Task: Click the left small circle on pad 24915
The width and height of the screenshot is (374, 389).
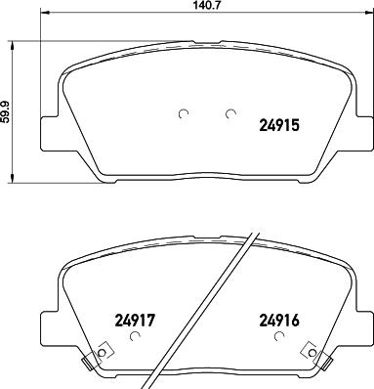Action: click(x=183, y=114)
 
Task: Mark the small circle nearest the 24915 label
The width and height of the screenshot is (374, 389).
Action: click(x=229, y=114)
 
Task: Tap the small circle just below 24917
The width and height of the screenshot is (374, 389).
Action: click(x=135, y=337)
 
